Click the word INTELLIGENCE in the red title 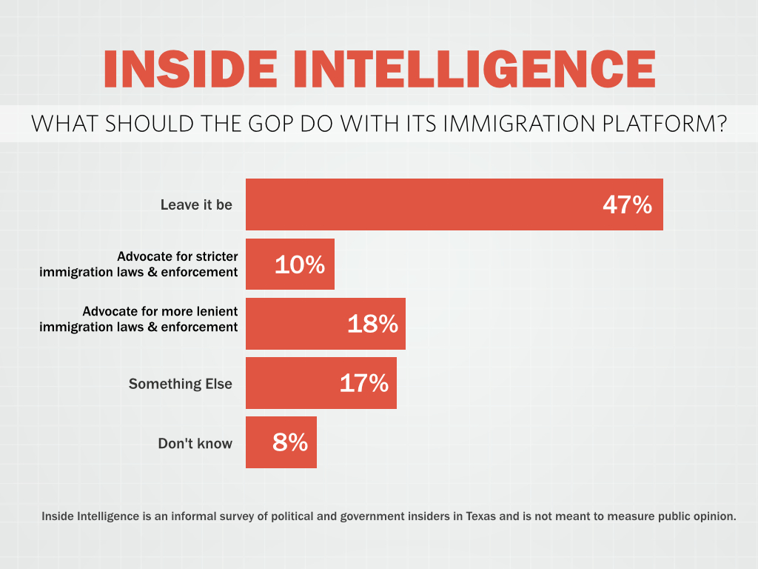tap(474, 70)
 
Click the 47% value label tap(627, 204)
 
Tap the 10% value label tap(300, 264)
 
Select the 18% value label tap(372, 324)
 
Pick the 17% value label tap(363, 383)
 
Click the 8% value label tap(289, 442)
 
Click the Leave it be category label tap(196, 204)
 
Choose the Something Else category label tap(181, 384)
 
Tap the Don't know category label tap(195, 444)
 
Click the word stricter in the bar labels tap(217, 257)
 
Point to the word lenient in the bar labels tap(217, 312)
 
